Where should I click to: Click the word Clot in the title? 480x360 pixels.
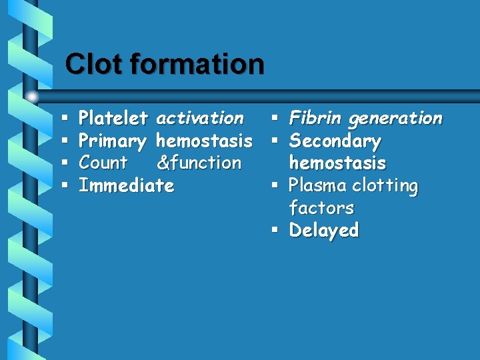(94, 64)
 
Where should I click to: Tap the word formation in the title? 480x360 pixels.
(197, 64)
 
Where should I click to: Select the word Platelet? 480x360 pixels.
(113, 119)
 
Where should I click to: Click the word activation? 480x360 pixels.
(199, 119)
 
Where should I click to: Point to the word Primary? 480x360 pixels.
(112, 141)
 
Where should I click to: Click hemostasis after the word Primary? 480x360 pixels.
(203, 141)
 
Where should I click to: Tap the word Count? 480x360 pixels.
(103, 163)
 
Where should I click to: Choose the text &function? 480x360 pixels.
(199, 163)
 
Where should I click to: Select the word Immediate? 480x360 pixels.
(126, 185)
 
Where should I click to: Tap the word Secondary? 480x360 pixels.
(335, 141)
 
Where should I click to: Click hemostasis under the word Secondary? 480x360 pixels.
(337, 163)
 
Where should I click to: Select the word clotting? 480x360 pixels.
(385, 185)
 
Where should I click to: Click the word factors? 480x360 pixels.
(321, 207)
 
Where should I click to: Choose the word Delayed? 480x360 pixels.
(324, 230)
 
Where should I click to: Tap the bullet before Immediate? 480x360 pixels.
(64, 186)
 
